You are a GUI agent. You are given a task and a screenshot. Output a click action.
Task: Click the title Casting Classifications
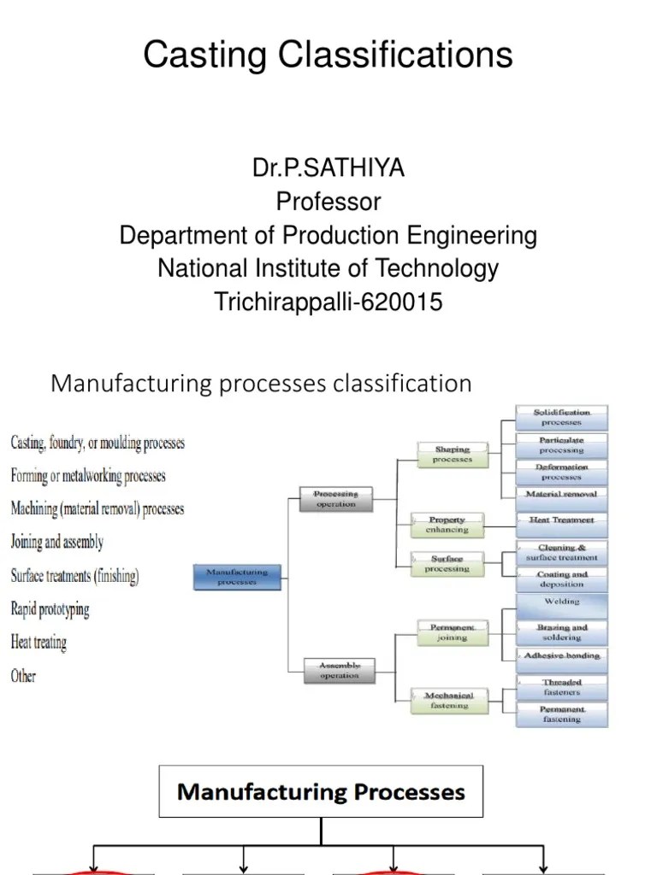(x=328, y=56)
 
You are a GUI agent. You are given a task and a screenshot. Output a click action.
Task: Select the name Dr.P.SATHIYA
(x=328, y=168)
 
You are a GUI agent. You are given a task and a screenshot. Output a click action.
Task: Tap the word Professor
(x=328, y=202)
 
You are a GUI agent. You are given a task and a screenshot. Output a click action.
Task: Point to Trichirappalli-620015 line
(x=328, y=302)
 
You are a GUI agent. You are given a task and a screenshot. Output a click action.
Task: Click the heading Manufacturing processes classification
(x=261, y=383)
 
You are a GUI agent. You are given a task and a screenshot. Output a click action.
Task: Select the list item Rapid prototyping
(x=50, y=609)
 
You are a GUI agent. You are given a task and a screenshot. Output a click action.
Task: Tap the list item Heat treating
(x=38, y=642)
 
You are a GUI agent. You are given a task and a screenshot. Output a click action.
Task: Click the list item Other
(x=23, y=676)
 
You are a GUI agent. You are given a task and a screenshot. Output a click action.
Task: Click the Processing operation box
(x=335, y=499)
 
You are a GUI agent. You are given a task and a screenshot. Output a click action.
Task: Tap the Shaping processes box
(x=452, y=454)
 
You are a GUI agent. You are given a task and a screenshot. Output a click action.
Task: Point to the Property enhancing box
(x=447, y=525)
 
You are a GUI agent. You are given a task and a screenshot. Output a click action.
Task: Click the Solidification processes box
(x=561, y=417)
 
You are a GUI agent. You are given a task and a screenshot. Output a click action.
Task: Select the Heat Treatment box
(x=561, y=520)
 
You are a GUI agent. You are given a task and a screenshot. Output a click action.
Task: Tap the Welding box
(x=561, y=602)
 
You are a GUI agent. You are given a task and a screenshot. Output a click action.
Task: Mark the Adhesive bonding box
(x=561, y=655)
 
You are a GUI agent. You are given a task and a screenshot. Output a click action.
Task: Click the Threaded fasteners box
(x=561, y=687)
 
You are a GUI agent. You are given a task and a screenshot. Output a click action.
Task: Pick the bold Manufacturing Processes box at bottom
(x=321, y=791)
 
